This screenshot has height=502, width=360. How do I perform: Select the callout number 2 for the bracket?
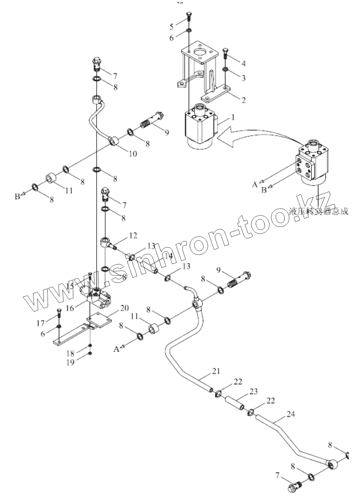(x=243, y=100)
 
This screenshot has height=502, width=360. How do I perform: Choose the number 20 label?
(x=124, y=308)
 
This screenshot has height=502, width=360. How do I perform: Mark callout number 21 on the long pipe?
(x=216, y=371)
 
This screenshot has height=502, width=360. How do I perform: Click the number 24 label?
(x=291, y=414)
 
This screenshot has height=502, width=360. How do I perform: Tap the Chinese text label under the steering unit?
(x=319, y=212)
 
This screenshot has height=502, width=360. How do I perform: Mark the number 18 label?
(x=71, y=353)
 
